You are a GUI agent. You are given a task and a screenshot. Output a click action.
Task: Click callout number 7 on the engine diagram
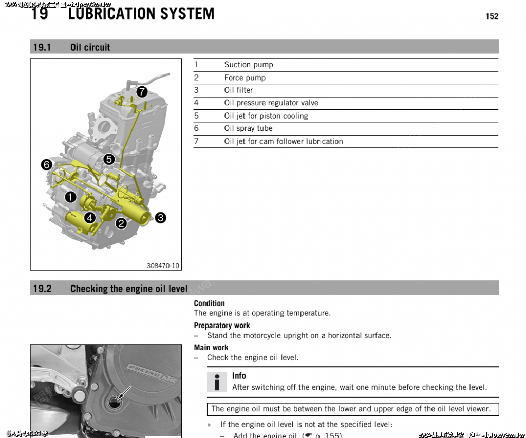[142, 92]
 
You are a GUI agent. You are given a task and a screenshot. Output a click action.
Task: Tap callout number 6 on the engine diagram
[47, 165]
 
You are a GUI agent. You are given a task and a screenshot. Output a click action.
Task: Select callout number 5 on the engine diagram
[109, 159]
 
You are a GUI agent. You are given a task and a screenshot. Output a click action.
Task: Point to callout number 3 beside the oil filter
[160, 218]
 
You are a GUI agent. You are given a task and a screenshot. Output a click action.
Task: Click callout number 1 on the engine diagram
[70, 197]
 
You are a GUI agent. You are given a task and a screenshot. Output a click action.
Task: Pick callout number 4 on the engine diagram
[90, 218]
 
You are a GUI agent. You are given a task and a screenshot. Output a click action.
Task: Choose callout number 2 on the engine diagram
[121, 223]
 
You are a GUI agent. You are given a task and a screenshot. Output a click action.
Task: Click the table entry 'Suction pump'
[249, 65]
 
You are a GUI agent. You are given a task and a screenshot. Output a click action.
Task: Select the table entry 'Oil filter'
[238, 90]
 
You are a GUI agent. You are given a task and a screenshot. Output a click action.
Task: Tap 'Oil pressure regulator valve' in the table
[271, 103]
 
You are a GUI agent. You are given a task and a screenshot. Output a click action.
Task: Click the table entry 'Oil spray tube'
[248, 128]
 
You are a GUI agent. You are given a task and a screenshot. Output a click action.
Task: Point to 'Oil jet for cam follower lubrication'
[284, 141]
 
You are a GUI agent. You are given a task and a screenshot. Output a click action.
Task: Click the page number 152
[492, 16]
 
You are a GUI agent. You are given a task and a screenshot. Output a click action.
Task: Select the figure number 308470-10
[163, 265]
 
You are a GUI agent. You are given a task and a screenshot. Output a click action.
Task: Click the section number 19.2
[42, 289]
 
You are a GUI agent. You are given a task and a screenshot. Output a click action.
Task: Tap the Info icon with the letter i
[217, 382]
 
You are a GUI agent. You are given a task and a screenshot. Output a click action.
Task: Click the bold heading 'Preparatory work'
[222, 326]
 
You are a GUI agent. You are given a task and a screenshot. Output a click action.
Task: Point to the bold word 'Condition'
[209, 303]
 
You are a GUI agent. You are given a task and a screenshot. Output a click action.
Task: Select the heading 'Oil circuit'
[90, 47]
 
